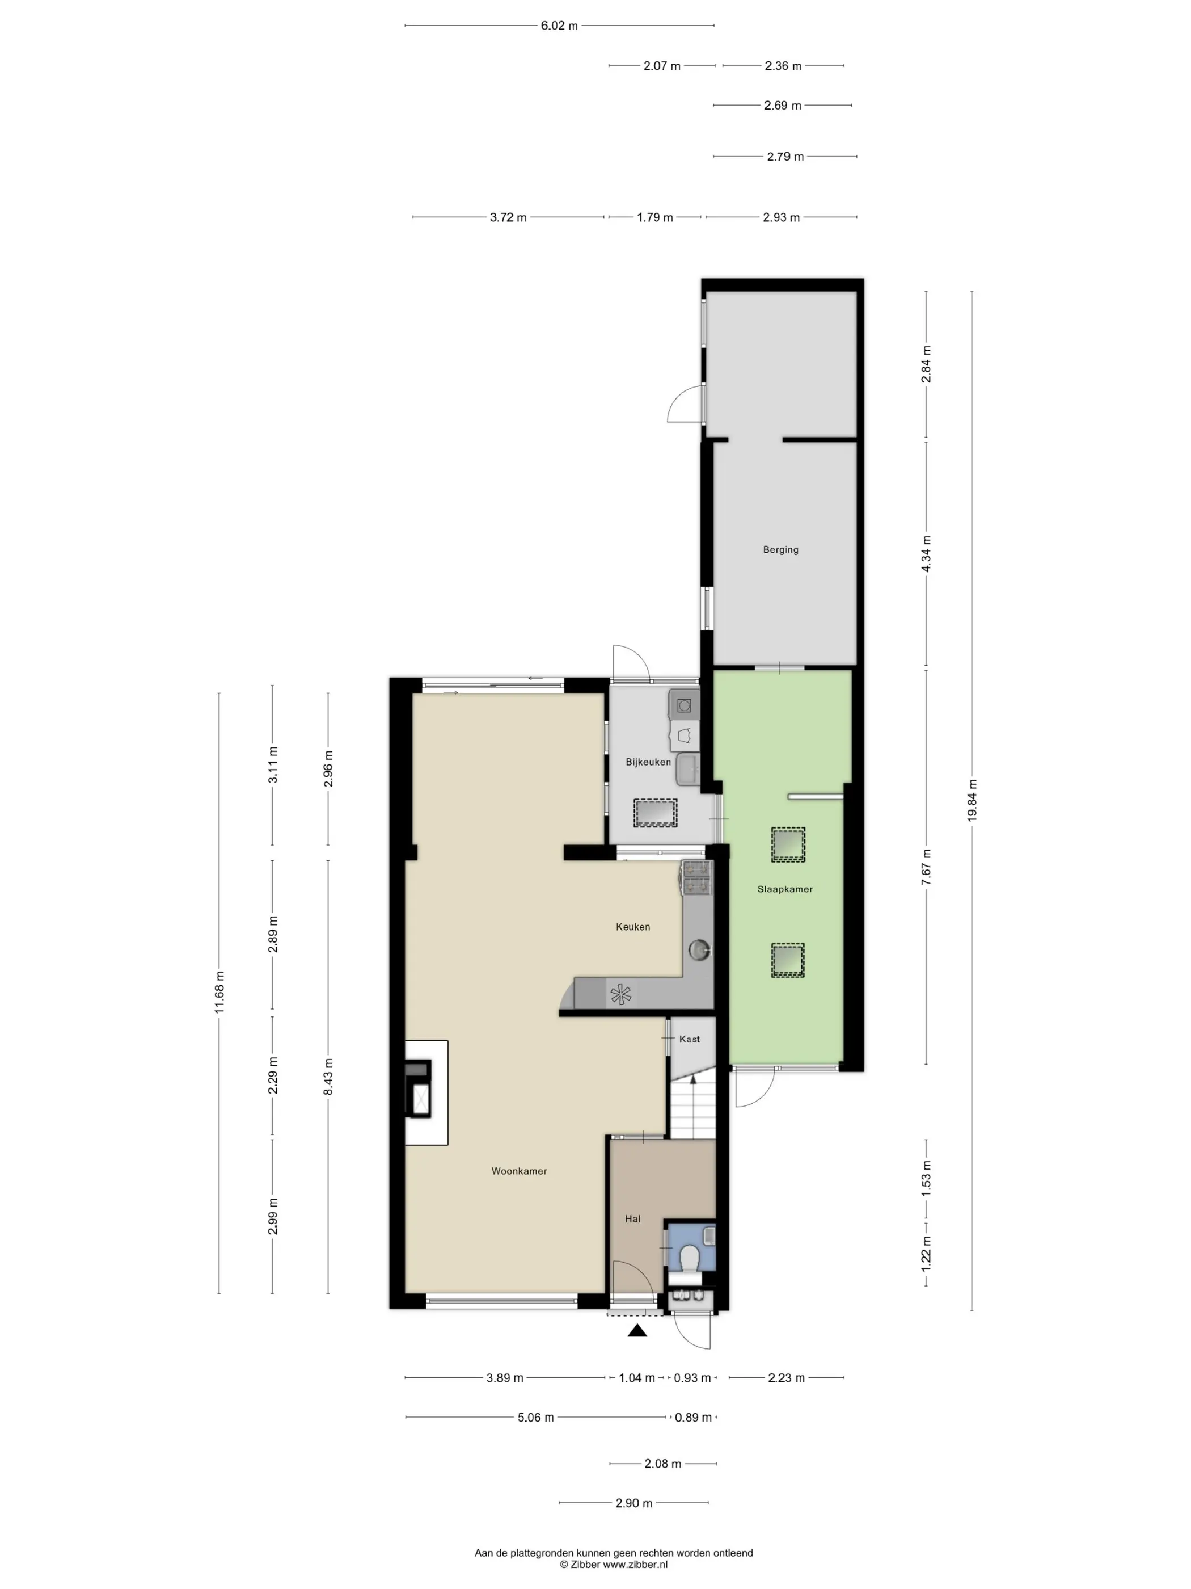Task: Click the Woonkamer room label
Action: [519, 1171]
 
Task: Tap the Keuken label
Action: [633, 927]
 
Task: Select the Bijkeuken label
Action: [648, 762]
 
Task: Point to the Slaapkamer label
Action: [785, 889]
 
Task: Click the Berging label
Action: [780, 549]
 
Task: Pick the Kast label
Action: [689, 1039]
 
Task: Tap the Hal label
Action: [632, 1218]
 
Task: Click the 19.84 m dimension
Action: [972, 800]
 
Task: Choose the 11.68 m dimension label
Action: [219, 992]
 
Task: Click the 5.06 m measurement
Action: [535, 1417]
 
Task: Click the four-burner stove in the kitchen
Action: [696, 879]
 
